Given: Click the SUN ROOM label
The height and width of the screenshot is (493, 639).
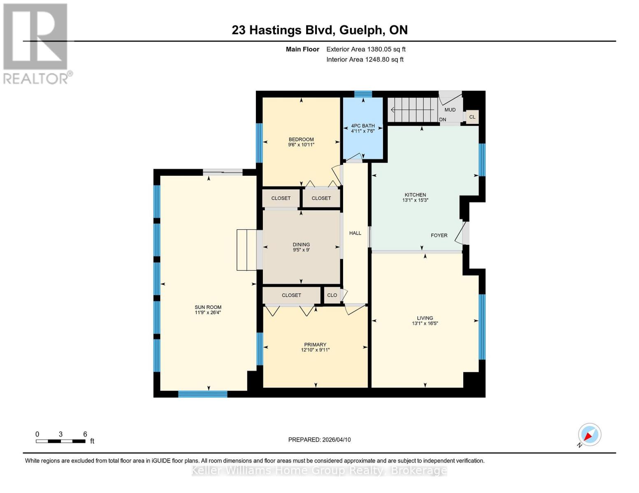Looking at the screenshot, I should coord(208,307).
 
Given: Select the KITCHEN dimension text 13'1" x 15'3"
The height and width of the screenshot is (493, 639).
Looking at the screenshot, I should coord(415,200).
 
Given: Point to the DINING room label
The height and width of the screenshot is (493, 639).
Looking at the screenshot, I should coord(301,244).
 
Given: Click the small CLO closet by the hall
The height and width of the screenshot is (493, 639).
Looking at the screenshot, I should coord(332,295).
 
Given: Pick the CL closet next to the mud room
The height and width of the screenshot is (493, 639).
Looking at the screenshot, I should coord(472,117).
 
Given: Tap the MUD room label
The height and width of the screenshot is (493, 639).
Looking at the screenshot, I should coord(450,110).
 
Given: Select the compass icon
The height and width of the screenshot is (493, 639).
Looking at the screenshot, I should coord(589,435).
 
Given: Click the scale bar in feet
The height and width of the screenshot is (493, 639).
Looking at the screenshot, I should coord(60,441).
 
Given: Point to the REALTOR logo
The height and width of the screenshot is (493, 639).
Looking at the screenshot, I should coord(36,43).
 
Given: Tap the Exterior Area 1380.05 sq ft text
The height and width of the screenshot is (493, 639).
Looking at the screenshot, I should coord(366,49).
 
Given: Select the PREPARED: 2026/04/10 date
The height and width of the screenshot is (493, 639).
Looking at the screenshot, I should coord(319,440).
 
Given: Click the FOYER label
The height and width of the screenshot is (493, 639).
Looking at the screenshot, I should coord(439,235).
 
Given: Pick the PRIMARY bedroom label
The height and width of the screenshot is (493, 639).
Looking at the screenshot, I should coord(315,345).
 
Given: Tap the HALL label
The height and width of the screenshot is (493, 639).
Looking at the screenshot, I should coord(355,233).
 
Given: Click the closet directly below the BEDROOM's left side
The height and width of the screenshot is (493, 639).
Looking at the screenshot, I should coord(281,198).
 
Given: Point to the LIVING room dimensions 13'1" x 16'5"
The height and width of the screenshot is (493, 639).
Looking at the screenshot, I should coord(425,323).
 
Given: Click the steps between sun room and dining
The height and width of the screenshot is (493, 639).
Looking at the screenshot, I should coord(246,250).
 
